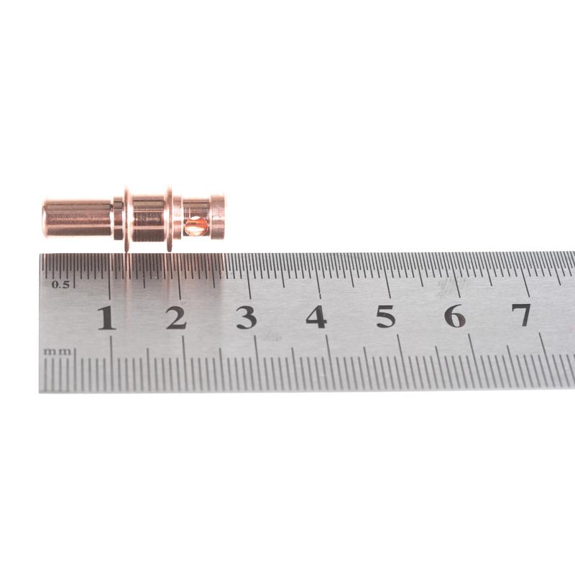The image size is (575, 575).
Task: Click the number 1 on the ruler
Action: pyautogui.click(x=106, y=318)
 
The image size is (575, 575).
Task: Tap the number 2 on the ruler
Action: pyautogui.click(x=176, y=317)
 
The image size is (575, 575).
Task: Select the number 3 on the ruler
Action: pyautogui.click(x=246, y=317)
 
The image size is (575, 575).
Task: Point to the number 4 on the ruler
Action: pyautogui.click(x=316, y=316)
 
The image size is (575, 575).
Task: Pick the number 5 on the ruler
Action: pyautogui.click(x=386, y=316)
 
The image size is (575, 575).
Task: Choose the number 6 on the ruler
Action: pyautogui.click(x=455, y=315)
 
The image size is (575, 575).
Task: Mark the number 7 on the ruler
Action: pyautogui.click(x=521, y=314)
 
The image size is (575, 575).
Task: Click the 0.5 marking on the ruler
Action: pyautogui.click(x=60, y=284)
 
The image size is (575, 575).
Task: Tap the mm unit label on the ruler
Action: pyautogui.click(x=57, y=351)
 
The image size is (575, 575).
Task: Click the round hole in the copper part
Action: pyautogui.click(x=195, y=226)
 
